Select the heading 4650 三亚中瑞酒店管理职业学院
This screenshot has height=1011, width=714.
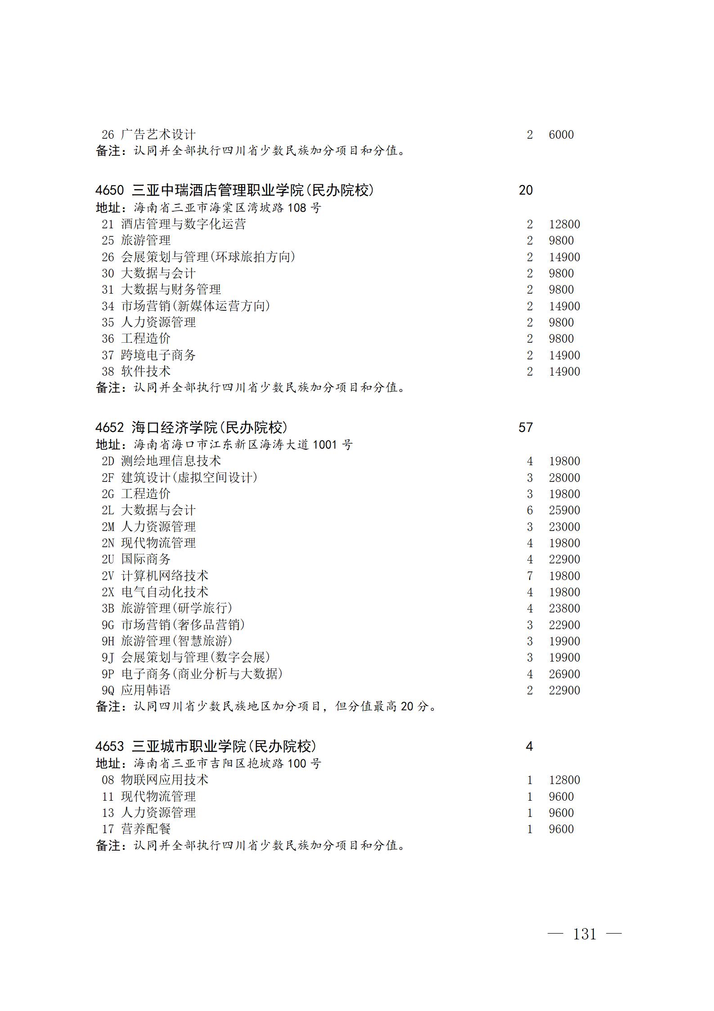[x=234, y=190]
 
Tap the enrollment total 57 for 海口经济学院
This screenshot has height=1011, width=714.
[x=525, y=427]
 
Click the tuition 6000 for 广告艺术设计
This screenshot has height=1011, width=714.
[x=561, y=135]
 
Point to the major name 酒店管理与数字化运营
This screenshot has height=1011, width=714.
[x=184, y=224]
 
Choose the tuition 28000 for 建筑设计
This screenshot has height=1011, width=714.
[x=564, y=478]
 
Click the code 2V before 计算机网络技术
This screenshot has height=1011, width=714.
[x=108, y=576]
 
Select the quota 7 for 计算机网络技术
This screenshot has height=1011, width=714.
[x=530, y=576]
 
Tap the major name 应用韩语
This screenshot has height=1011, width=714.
[x=146, y=690]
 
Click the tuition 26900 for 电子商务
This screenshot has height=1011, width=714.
[x=564, y=674]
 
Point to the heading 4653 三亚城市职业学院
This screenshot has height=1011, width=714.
[x=206, y=747]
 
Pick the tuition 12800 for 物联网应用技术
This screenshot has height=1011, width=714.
[x=564, y=780]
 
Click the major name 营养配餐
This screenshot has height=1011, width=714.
[x=146, y=829]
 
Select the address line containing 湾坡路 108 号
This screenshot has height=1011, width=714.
[x=209, y=208]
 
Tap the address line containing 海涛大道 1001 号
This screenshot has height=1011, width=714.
[x=224, y=445]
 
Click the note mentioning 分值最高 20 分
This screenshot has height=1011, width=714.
[x=266, y=707]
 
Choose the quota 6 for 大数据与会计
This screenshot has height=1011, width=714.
[x=530, y=510]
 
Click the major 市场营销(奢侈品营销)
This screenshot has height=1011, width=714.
[x=183, y=625]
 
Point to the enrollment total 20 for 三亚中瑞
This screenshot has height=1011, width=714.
[x=525, y=190]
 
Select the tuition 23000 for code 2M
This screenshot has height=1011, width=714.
[x=564, y=527]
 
